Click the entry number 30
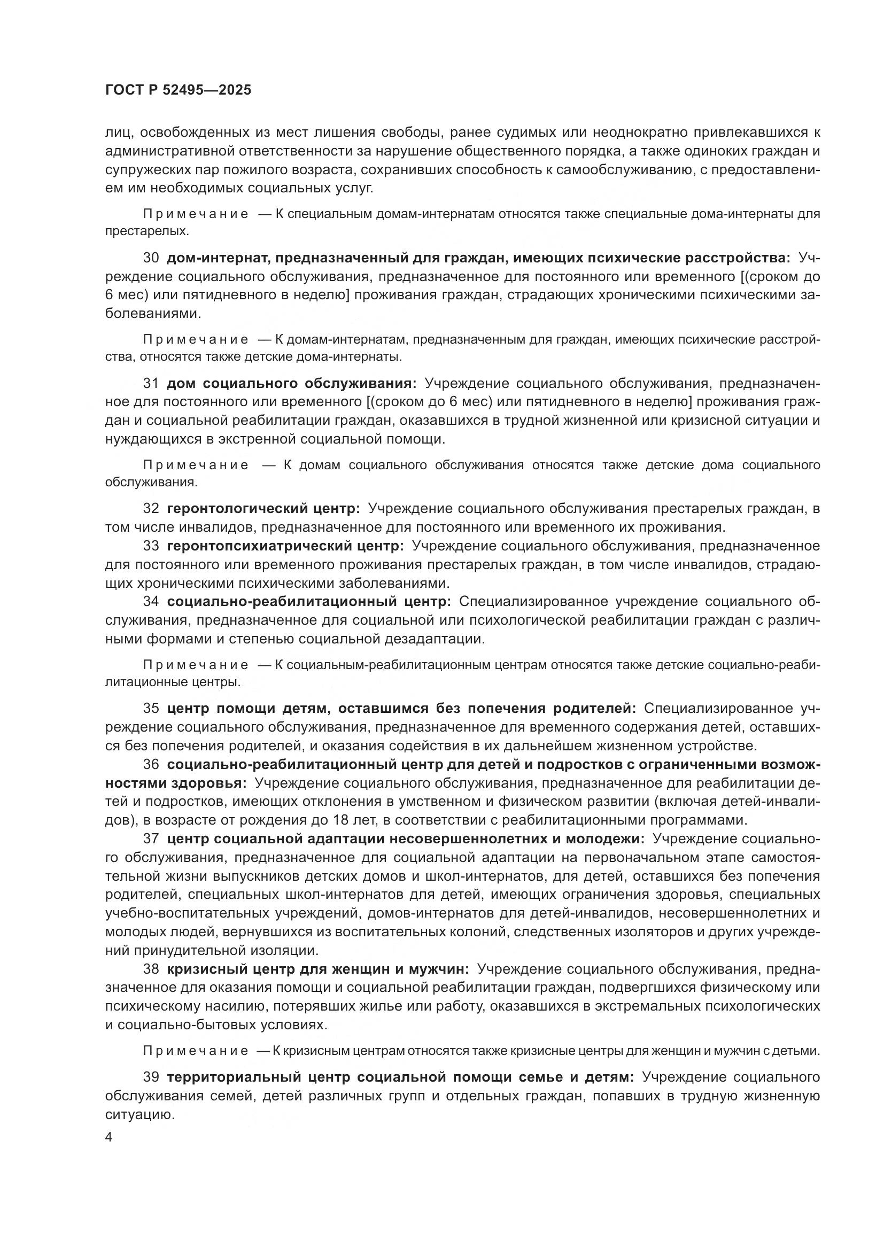tap(151, 258)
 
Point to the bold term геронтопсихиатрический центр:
tap(285, 546)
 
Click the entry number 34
tap(151, 602)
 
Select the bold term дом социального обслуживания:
tap(291, 383)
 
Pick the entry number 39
tap(151, 1077)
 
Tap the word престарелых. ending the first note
tap(147, 231)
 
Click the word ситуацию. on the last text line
tap(139, 1114)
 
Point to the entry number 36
tap(151, 764)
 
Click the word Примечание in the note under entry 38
tap(196, 1051)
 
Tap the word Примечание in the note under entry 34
tap(196, 665)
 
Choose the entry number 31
tap(151, 383)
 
